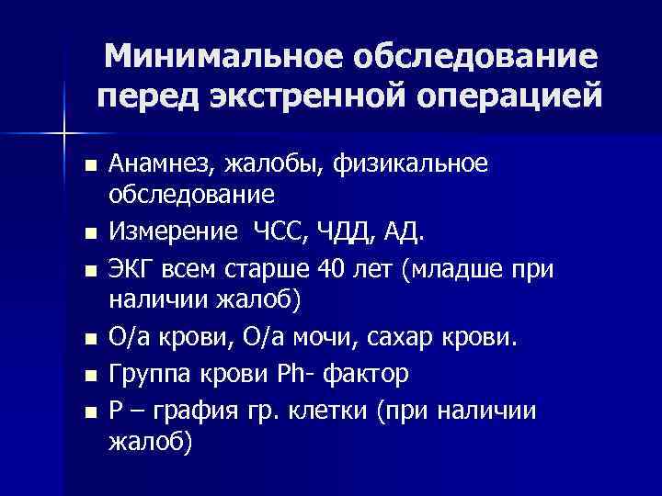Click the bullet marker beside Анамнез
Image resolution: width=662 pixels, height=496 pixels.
pyautogui.click(x=88, y=167)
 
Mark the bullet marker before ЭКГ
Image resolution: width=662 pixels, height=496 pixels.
pyautogui.click(x=88, y=272)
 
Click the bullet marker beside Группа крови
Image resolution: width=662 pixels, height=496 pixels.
pyautogui.click(x=88, y=377)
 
